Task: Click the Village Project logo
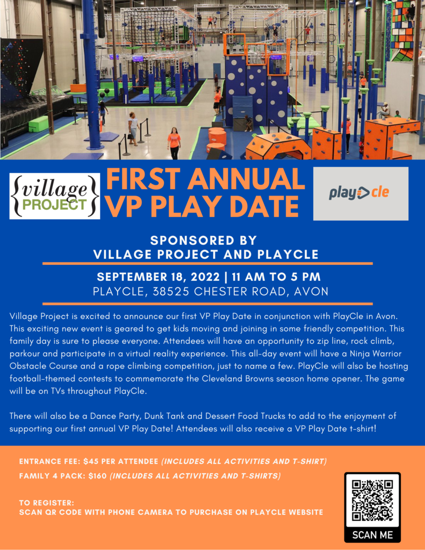[x=54, y=196]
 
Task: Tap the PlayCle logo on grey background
[x=361, y=193]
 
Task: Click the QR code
[x=372, y=500]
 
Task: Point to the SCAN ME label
[x=372, y=535]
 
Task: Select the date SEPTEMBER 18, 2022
[x=158, y=277]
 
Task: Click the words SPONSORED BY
[x=204, y=240]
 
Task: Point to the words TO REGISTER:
[x=47, y=503]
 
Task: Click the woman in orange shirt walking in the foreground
[x=174, y=143]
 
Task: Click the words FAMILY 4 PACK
[x=50, y=476]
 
